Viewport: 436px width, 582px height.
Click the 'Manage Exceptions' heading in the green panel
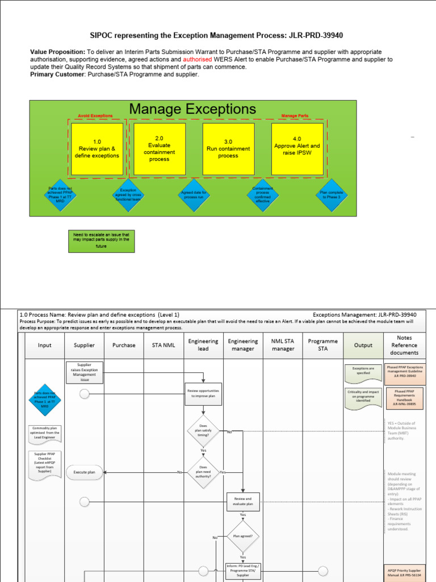[x=192, y=109]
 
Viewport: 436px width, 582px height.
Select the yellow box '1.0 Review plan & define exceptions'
[x=97, y=149]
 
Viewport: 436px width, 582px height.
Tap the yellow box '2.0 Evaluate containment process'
[x=159, y=148]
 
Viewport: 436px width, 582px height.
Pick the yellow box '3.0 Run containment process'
[x=228, y=149]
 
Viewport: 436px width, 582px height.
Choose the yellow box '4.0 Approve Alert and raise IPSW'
[x=297, y=149]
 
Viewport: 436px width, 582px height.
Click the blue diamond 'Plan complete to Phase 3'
[x=331, y=194]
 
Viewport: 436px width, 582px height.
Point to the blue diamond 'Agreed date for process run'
[x=194, y=196]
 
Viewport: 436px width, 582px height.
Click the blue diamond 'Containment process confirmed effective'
[x=263, y=195]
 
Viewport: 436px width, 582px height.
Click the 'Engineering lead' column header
[x=203, y=345]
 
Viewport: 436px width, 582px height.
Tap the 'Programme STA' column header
[x=322, y=345]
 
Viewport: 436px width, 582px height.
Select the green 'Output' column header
[x=363, y=345]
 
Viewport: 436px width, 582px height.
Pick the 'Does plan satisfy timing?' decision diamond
[x=203, y=432]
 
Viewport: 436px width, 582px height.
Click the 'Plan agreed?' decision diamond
[x=242, y=535]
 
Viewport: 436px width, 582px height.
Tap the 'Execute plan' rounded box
[x=84, y=472]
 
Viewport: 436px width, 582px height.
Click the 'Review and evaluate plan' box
[x=242, y=501]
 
